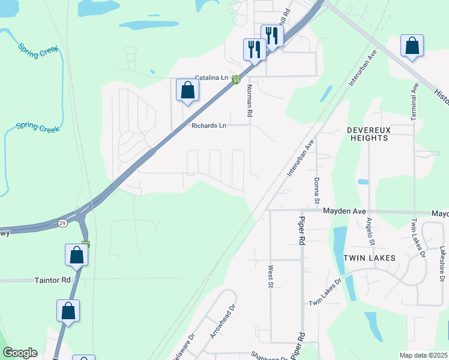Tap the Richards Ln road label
pyautogui.click(x=209, y=125)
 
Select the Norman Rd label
pyautogui.click(x=249, y=100)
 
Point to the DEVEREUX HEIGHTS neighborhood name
pyautogui.click(x=367, y=134)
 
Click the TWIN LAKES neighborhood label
pyautogui.click(x=369, y=257)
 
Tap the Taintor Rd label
pyautogui.click(x=52, y=280)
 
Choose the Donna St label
pyautogui.click(x=316, y=190)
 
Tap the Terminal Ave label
pyautogui.click(x=414, y=102)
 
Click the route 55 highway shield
pyautogui.click(x=237, y=80)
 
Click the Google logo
pyautogui.click(x=20, y=353)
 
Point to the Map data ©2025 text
pyautogui.click(x=424, y=355)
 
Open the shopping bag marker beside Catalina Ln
pyautogui.click(x=188, y=91)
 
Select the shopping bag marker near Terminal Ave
pyautogui.click(x=412, y=46)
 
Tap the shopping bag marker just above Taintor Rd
pyautogui.click(x=77, y=255)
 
